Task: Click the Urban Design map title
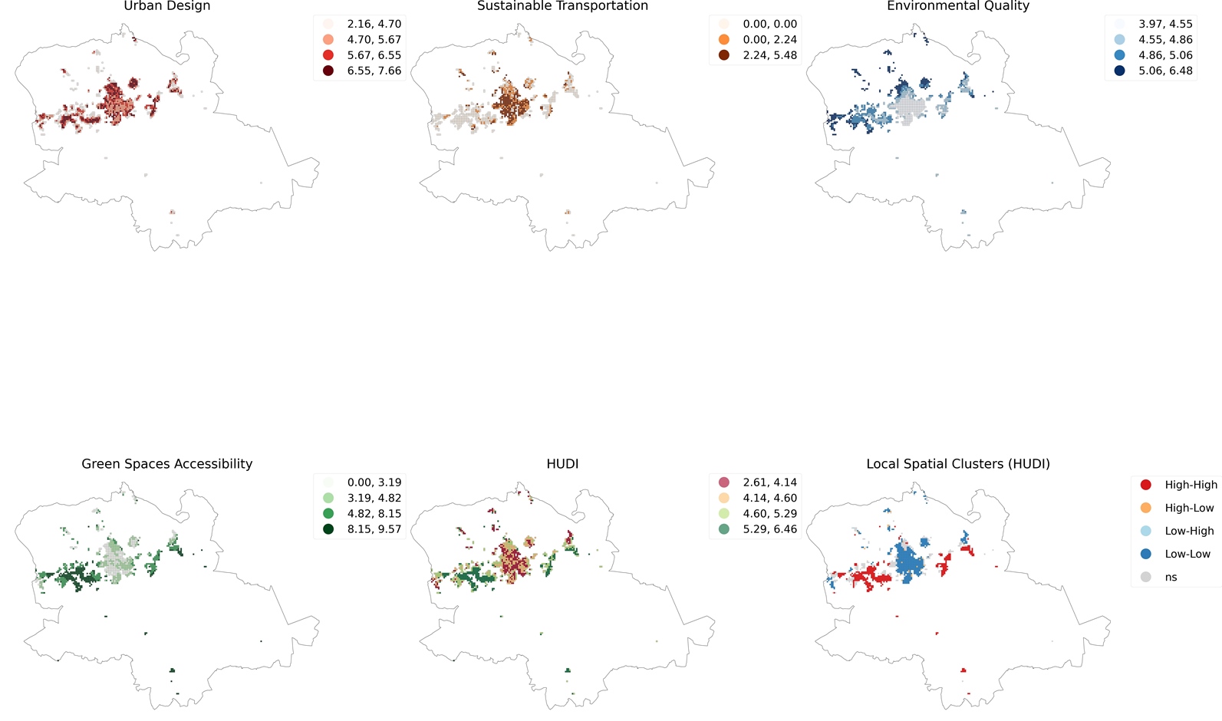(x=166, y=6)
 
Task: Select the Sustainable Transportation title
(x=562, y=6)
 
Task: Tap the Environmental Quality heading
(x=957, y=6)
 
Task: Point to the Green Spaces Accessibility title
(x=166, y=464)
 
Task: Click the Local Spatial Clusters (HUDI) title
(x=957, y=464)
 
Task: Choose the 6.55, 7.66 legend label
(x=374, y=71)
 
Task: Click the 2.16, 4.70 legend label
(x=374, y=24)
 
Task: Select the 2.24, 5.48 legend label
(x=769, y=55)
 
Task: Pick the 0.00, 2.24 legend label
(x=769, y=39)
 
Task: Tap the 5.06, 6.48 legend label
(x=1165, y=71)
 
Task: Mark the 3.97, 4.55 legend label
(x=1165, y=24)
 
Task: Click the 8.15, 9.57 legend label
(x=374, y=529)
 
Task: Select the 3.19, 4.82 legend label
(x=374, y=498)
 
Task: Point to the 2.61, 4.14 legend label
(x=769, y=482)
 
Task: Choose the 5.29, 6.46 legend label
(x=769, y=529)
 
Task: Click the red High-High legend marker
(x=1145, y=485)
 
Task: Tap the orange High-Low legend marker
(x=1145, y=508)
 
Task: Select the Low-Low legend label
(x=1187, y=554)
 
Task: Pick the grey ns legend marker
(x=1145, y=577)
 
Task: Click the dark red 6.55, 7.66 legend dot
(x=328, y=71)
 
